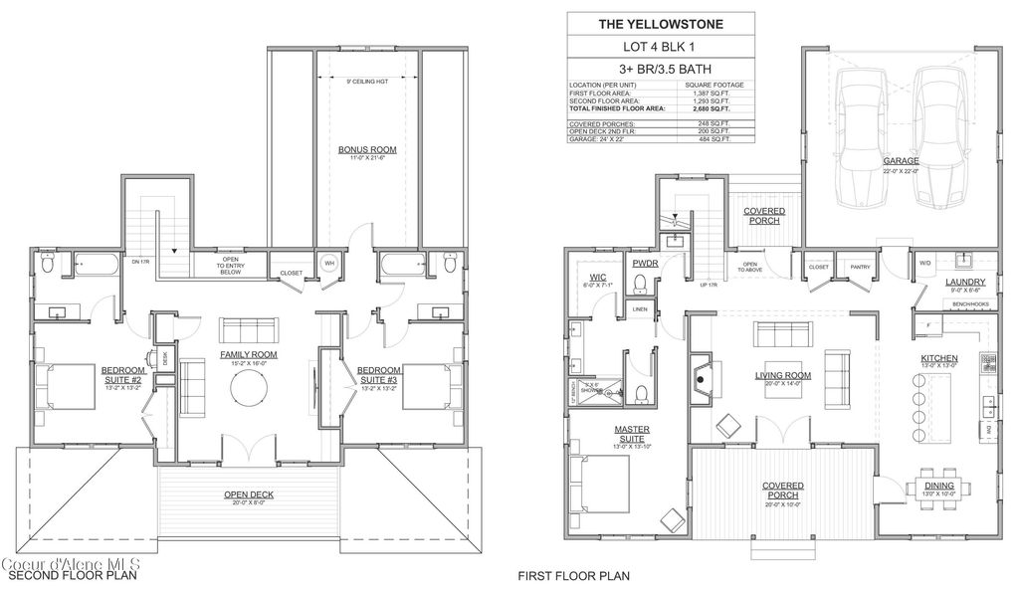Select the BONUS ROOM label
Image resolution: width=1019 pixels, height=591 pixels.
[367, 150]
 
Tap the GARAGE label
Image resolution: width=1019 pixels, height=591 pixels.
[900, 160]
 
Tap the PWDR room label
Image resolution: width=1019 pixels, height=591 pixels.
[643, 263]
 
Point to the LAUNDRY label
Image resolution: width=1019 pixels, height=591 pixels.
[964, 283]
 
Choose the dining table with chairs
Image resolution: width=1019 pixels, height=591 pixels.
[938, 500]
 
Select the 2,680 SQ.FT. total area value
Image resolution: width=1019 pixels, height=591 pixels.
[713, 107]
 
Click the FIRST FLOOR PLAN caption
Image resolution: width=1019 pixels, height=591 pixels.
[573, 575]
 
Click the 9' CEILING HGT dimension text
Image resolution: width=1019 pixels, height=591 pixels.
[367, 80]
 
